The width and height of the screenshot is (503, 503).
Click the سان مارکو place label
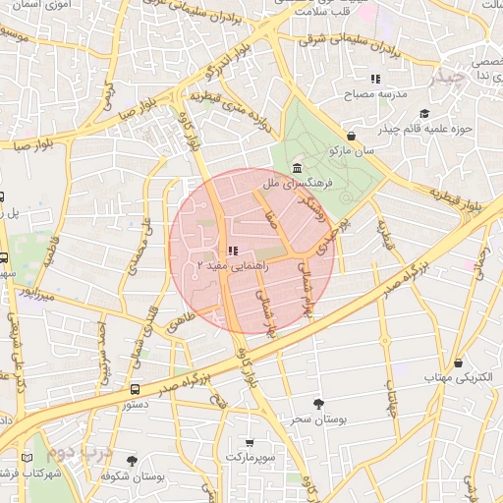[353, 151]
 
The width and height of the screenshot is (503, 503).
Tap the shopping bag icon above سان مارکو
[352, 136]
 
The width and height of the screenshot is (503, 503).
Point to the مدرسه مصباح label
[374, 95]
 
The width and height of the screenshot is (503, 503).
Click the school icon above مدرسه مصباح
[374, 79]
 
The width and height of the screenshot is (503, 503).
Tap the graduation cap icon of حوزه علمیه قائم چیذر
[423, 113]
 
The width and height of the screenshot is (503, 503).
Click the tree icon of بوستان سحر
[317, 403]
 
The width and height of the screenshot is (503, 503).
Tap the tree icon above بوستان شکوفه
[132, 460]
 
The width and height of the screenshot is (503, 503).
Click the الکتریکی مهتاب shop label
[457, 377]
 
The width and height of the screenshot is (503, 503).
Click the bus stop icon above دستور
[135, 389]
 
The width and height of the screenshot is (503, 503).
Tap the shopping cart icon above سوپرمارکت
[250, 442]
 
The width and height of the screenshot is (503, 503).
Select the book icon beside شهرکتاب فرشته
[26, 458]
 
